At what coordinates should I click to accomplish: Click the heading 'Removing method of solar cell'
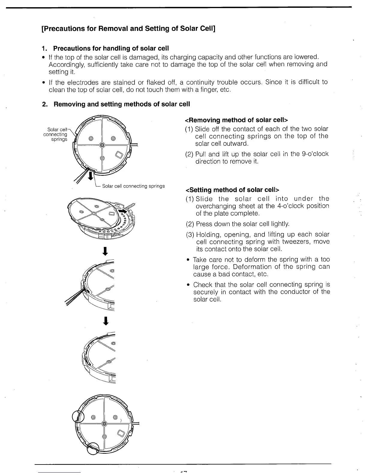click(237, 120)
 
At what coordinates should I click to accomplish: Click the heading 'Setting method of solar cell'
click(233, 190)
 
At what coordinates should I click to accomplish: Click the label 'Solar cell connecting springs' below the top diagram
click(133, 186)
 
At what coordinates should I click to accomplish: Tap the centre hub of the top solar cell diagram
click(102, 145)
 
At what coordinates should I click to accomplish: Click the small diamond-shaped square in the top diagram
click(119, 155)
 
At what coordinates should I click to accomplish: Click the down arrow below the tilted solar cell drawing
click(105, 251)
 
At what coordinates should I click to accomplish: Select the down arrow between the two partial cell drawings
click(105, 321)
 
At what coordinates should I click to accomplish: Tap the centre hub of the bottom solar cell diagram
click(104, 423)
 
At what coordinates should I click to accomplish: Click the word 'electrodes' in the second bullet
click(79, 82)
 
